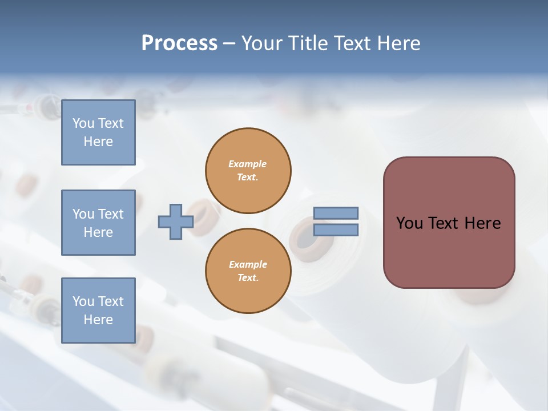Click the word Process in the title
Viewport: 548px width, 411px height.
point(179,43)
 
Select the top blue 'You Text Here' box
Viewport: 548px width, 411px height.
point(98,132)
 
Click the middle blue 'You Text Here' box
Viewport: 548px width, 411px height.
point(98,223)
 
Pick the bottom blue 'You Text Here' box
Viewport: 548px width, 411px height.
point(98,311)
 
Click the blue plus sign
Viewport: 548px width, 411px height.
point(176,221)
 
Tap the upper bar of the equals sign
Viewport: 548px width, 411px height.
point(336,213)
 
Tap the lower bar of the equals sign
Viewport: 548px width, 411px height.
point(336,229)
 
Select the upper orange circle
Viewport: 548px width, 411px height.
point(248,171)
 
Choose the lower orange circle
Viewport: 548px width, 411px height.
point(248,271)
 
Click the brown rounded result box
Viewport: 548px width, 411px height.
point(449,223)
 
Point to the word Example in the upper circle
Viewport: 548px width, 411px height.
point(248,164)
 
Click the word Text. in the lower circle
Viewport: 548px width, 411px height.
point(248,278)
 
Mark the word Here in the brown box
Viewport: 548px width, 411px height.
point(482,223)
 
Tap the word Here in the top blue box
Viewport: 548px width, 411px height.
point(98,142)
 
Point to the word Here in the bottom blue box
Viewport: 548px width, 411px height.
point(98,320)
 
